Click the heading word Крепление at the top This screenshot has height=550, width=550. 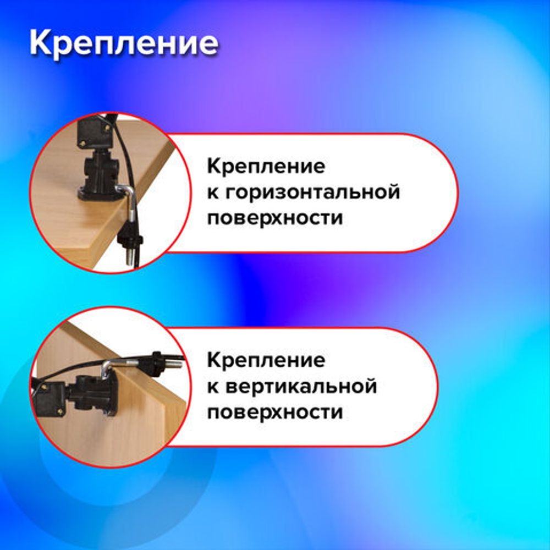coord(124,43)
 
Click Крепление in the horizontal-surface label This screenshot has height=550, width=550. coord(266,166)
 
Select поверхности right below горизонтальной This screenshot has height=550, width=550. coord(274,218)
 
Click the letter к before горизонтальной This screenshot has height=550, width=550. coord(213,193)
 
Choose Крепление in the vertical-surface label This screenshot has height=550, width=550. coord(266,361)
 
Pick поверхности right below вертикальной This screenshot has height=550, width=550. coord(274,412)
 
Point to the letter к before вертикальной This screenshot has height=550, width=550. coord(213,387)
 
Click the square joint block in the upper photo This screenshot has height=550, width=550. coord(92,133)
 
